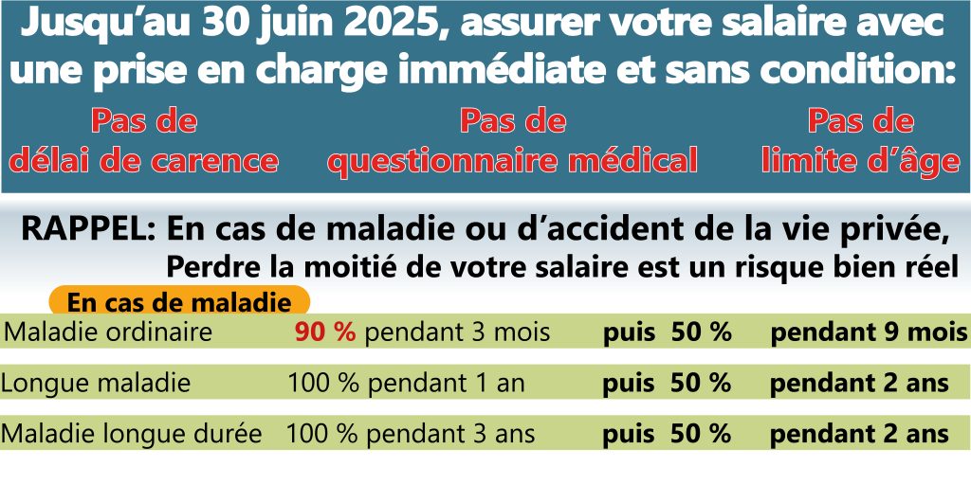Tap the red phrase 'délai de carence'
tap(144, 161)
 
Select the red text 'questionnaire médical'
tap(513, 161)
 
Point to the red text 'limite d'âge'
tap(861, 161)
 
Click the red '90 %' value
tap(325, 332)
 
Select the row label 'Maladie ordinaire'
tap(109, 332)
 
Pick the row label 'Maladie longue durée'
tap(132, 434)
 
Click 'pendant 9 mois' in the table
tap(869, 332)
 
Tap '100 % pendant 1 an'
tap(406, 384)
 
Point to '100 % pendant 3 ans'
tap(411, 434)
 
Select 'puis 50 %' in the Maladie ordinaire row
tap(667, 332)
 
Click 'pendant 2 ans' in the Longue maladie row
tap(859, 384)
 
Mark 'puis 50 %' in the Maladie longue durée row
tap(667, 434)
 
